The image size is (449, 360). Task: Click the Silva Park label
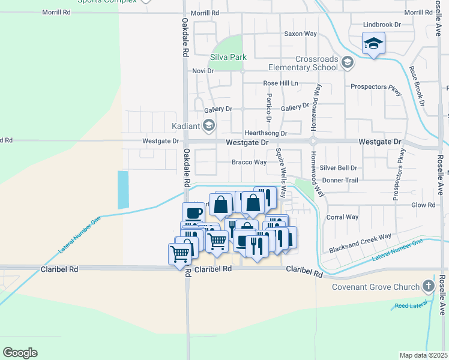click(x=228, y=58)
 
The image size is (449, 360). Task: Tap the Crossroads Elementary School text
click(x=316, y=63)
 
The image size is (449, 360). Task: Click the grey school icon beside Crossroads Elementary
click(x=347, y=62)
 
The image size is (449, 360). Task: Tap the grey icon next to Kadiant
click(x=208, y=125)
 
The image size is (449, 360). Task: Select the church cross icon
click(x=429, y=286)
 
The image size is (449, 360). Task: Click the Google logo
click(x=20, y=353)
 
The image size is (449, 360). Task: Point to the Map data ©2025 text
click(x=423, y=355)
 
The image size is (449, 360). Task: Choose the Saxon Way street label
click(x=300, y=34)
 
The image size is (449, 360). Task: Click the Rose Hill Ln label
click(x=280, y=83)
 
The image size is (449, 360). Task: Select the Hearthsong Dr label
click(x=265, y=133)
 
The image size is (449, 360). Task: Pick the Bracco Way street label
click(x=249, y=162)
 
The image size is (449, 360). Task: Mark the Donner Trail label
click(x=340, y=180)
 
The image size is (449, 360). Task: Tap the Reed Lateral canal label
click(x=409, y=306)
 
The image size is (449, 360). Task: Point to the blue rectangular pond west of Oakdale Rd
click(x=123, y=190)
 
